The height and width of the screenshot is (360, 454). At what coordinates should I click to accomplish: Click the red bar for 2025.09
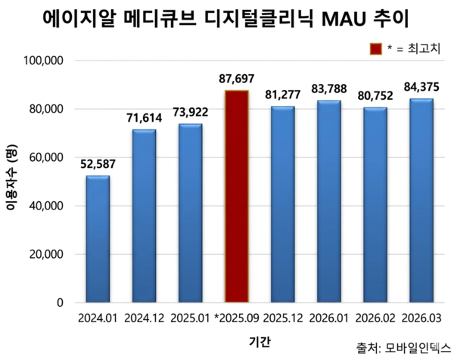236,197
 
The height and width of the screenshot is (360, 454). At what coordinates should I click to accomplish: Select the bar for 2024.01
98,239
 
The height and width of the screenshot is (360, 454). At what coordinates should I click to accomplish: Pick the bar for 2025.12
282,204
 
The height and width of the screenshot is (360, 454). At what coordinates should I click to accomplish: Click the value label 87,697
236,79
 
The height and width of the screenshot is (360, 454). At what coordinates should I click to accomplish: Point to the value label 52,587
98,164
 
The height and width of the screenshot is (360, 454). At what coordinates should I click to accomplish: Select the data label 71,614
144,118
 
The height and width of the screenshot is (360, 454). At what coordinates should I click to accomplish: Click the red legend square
376,49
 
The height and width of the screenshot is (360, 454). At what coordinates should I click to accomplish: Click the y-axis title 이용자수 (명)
11,182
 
